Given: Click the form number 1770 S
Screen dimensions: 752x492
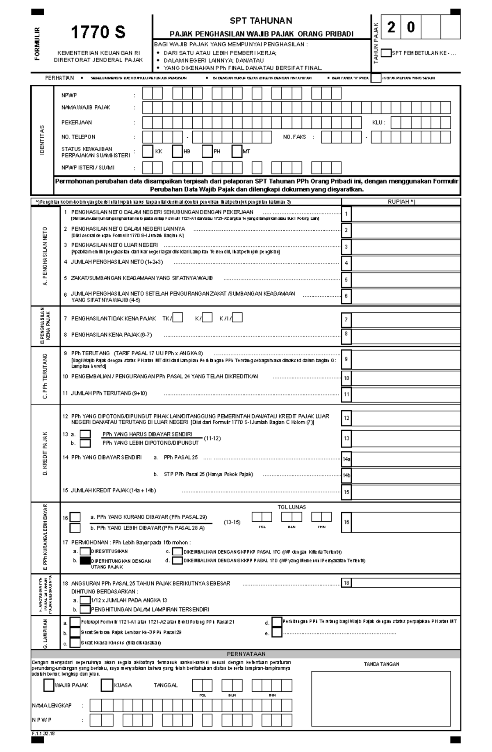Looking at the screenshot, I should pyautogui.click(x=98, y=32).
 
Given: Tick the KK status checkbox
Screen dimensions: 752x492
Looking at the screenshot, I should pyautogui.click(x=148, y=152).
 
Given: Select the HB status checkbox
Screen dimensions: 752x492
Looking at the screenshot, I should pyautogui.click(x=177, y=152).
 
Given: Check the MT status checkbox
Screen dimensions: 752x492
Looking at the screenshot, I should pyautogui.click(x=237, y=152).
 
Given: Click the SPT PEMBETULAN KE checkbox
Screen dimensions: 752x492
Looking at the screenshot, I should pyautogui.click(x=386, y=53).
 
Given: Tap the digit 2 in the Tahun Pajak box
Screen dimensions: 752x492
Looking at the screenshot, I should pyautogui.click(x=391, y=27).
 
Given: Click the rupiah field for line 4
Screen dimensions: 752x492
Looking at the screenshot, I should pyautogui.click(x=405, y=263).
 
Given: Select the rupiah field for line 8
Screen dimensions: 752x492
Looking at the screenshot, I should pyautogui.click(x=405, y=336).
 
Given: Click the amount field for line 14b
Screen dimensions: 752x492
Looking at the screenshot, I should pyautogui.click(x=405, y=475).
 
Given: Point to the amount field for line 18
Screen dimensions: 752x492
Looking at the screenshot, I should pyautogui.click(x=405, y=583).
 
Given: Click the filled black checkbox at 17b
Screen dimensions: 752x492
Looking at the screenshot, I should pyautogui.click(x=85, y=561).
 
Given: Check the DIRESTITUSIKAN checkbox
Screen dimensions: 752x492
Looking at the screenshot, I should pyautogui.click(x=85, y=552).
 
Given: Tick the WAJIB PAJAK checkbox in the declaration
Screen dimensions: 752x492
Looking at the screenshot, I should pyautogui.click(x=49, y=685).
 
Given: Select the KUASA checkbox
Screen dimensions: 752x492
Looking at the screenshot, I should pyautogui.click(x=107, y=685).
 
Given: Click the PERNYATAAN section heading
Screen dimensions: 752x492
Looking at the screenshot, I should pyautogui.click(x=246, y=654).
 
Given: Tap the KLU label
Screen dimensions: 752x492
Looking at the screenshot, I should pyautogui.click(x=378, y=123).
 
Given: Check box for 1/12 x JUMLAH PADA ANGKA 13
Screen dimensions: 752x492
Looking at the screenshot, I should pyautogui.click(x=85, y=600).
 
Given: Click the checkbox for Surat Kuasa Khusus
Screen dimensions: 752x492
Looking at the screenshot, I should pyautogui.click(x=75, y=643).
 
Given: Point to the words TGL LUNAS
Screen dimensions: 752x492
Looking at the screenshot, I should pyautogui.click(x=292, y=507).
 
